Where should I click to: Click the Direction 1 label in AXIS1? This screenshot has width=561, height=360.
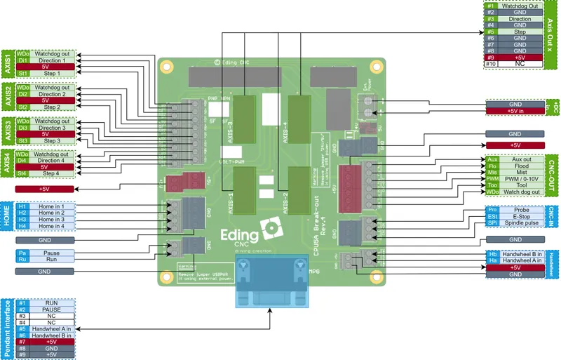click(51, 61)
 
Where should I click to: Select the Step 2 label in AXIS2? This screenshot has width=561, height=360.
click(51, 107)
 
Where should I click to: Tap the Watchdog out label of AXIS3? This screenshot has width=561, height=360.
click(51, 121)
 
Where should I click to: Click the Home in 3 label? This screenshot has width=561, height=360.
click(51, 219)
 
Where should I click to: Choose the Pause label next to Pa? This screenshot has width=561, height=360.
click(51, 252)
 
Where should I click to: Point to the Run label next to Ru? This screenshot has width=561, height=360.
click(51, 259)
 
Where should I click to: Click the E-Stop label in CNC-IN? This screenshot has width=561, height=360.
click(522, 217)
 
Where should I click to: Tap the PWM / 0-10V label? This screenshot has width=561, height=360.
click(522, 179)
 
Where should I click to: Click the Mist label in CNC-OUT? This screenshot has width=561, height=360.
click(522, 173)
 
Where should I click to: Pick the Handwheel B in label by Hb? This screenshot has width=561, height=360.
click(522, 253)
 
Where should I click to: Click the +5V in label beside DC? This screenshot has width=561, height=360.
click(515, 111)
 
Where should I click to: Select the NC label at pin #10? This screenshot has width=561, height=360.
click(520, 64)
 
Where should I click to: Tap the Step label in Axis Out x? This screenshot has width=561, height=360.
click(520, 32)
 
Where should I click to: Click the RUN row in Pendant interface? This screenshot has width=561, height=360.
click(51, 302)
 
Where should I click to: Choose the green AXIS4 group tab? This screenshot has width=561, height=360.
click(6, 164)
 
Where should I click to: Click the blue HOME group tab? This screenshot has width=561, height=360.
click(6, 216)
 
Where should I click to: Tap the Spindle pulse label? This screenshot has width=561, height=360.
click(522, 224)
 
